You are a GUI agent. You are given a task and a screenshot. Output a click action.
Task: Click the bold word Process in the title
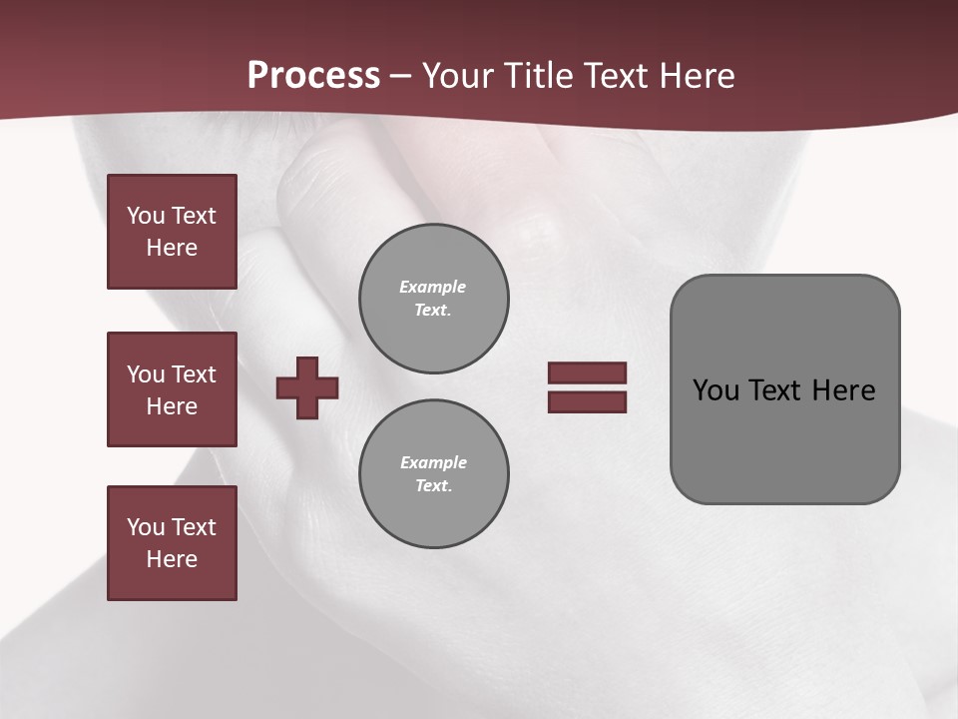[x=313, y=76]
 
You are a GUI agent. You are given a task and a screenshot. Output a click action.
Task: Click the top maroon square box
[x=172, y=232]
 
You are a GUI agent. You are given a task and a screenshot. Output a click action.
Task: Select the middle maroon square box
[x=172, y=389]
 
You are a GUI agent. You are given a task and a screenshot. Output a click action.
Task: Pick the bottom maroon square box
[x=172, y=543]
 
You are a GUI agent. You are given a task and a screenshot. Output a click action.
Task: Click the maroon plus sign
[x=307, y=387]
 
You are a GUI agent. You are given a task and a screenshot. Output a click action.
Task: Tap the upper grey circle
[x=434, y=299]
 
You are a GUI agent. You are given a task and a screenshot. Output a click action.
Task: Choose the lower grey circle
[x=434, y=474]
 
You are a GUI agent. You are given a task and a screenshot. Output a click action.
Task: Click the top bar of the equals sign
[x=587, y=372]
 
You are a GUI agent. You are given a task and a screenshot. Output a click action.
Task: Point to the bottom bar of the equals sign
[x=587, y=401]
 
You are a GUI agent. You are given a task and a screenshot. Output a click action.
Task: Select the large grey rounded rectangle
[x=784, y=389]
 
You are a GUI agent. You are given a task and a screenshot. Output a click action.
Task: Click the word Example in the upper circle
[x=433, y=287]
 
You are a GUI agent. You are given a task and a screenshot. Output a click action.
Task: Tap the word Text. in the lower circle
[x=433, y=486]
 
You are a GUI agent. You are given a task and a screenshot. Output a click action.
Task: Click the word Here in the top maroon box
[x=172, y=248]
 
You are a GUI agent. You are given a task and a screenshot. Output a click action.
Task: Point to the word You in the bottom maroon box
[x=145, y=527]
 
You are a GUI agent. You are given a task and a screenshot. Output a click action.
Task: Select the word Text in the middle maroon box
[x=194, y=374]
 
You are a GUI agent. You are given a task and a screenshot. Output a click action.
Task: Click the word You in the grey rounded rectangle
[x=716, y=389]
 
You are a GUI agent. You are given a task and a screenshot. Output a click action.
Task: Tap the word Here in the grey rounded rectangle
[x=843, y=389]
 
